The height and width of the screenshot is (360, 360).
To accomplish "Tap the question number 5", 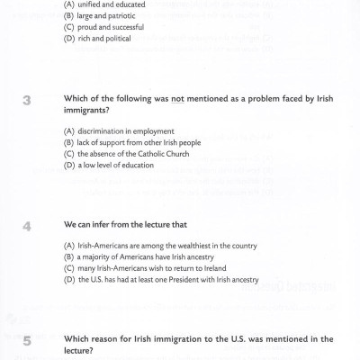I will (27, 341).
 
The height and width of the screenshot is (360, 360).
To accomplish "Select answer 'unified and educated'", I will (103, 4).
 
